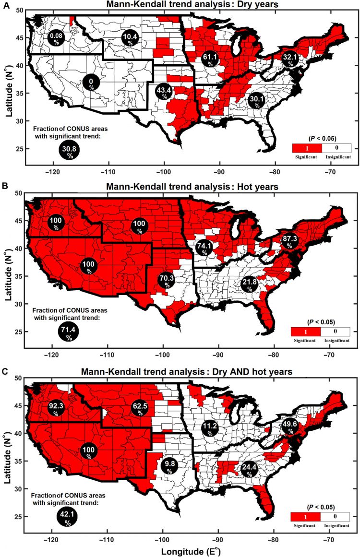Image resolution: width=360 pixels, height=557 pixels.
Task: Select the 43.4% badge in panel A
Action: coord(164,92)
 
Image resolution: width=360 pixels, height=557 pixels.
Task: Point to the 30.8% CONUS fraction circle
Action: coord(69,152)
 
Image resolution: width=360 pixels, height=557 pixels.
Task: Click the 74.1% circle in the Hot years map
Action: coord(204,249)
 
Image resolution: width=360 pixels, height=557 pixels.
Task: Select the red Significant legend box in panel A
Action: coord(305,148)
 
